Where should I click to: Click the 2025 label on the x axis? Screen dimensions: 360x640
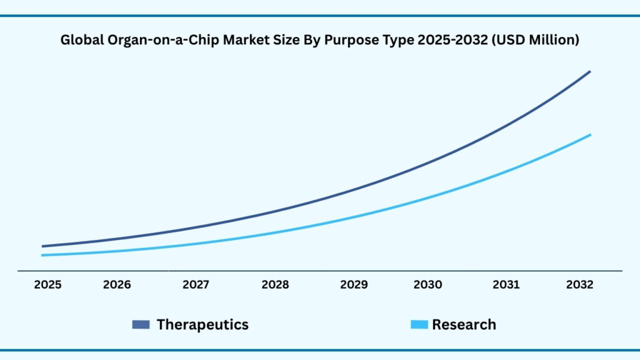(x=47, y=285)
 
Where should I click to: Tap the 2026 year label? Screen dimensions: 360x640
(x=117, y=285)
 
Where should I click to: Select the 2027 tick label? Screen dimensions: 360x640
(x=196, y=285)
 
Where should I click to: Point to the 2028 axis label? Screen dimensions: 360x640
(x=275, y=285)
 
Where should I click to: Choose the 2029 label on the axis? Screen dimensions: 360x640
(x=354, y=285)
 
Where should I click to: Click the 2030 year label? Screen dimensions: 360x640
(x=427, y=285)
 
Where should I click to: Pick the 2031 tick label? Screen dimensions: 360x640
(x=506, y=285)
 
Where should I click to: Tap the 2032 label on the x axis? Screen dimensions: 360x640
(x=579, y=285)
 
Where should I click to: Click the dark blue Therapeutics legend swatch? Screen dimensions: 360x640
(x=141, y=324)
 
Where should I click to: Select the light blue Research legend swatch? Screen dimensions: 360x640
(x=419, y=324)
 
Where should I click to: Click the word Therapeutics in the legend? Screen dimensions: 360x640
(x=202, y=324)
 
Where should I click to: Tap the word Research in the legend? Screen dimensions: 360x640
(x=464, y=324)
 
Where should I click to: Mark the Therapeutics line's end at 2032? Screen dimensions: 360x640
(x=589, y=72)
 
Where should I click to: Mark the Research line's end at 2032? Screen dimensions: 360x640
(x=590, y=135)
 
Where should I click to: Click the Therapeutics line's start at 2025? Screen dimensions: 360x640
(x=42, y=246)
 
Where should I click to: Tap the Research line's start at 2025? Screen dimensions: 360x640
(x=42, y=255)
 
